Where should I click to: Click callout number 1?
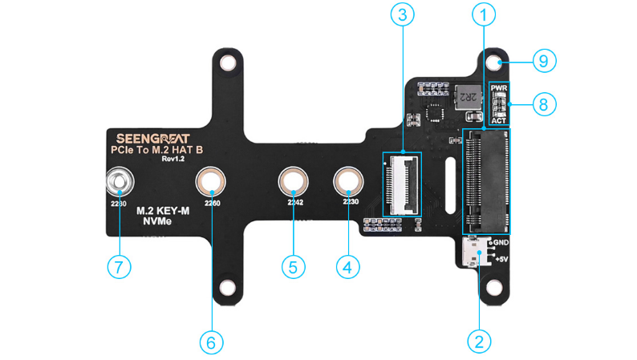pyautogui.click(x=483, y=13)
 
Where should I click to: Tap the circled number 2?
pyautogui.click(x=479, y=340)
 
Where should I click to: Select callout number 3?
pyautogui.click(x=401, y=13)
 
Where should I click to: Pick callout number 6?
pyautogui.click(x=210, y=342)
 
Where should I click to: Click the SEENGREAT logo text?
pyautogui.click(x=145, y=137)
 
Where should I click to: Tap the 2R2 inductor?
pyautogui.click(x=466, y=98)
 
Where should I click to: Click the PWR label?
pyautogui.click(x=499, y=87)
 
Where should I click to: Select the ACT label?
pyautogui.click(x=499, y=121)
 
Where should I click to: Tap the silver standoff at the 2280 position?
pyautogui.click(x=119, y=182)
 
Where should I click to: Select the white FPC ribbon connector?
pyautogui.click(x=401, y=184)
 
